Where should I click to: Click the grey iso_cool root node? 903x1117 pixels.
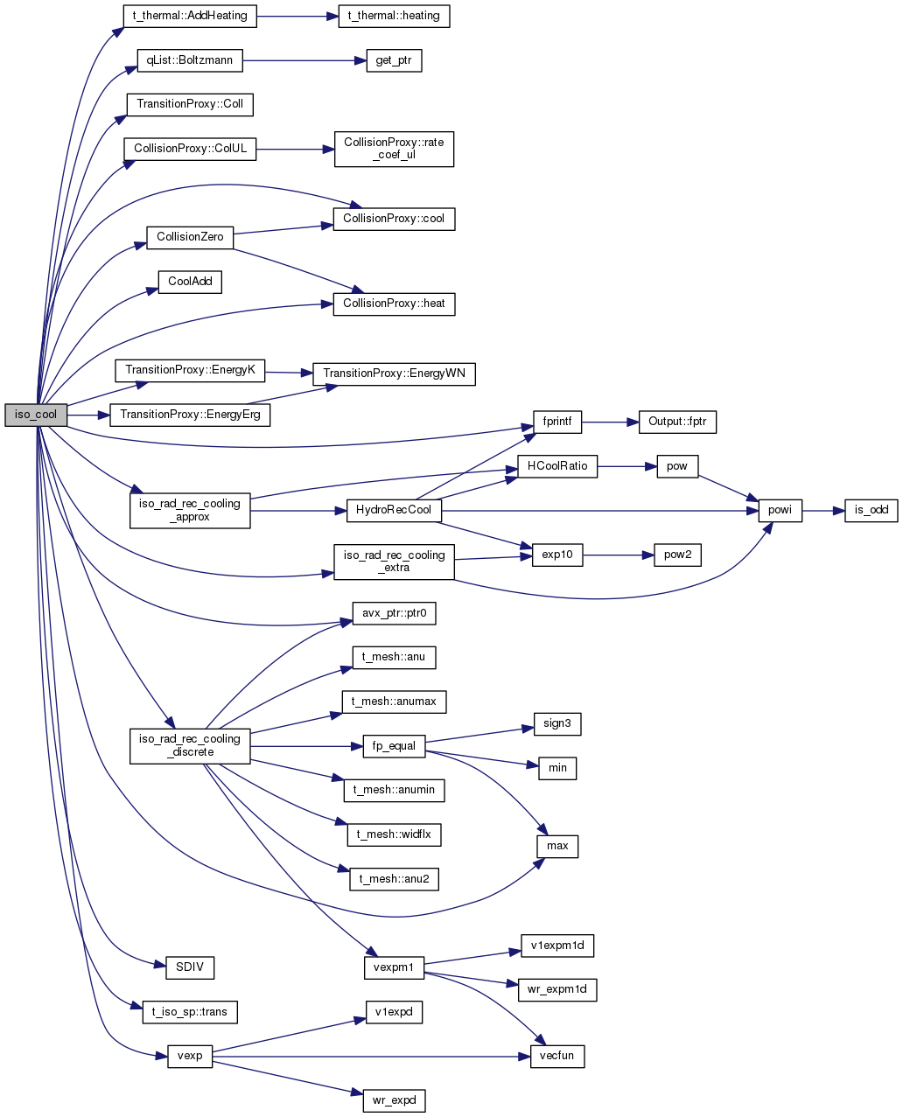(x=36, y=415)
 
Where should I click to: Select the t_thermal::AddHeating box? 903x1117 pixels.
(x=190, y=17)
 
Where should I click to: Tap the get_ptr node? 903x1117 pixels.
(x=394, y=61)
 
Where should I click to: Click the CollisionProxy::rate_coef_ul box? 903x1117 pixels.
(x=394, y=149)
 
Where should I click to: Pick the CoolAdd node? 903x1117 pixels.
(x=190, y=283)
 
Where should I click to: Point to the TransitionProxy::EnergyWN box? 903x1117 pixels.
(x=394, y=373)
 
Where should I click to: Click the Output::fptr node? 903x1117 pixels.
(x=677, y=422)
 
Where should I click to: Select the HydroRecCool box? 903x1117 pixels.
(x=394, y=510)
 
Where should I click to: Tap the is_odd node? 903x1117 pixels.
(x=871, y=510)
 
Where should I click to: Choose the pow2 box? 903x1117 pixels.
(x=677, y=555)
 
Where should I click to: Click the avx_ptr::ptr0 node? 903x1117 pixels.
(x=394, y=613)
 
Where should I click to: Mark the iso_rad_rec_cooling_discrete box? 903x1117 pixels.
(x=190, y=746)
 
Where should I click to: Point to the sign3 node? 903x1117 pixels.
(x=556, y=723)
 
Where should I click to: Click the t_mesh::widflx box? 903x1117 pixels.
(x=394, y=834)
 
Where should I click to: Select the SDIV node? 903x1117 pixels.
(x=190, y=967)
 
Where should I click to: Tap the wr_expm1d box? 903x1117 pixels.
(x=556, y=989)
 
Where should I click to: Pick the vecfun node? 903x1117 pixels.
(x=556, y=1056)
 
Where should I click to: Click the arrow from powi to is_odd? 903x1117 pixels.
(x=822, y=510)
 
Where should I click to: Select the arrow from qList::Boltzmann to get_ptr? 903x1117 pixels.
(x=304, y=61)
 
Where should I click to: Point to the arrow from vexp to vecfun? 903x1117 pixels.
(x=371, y=1057)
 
